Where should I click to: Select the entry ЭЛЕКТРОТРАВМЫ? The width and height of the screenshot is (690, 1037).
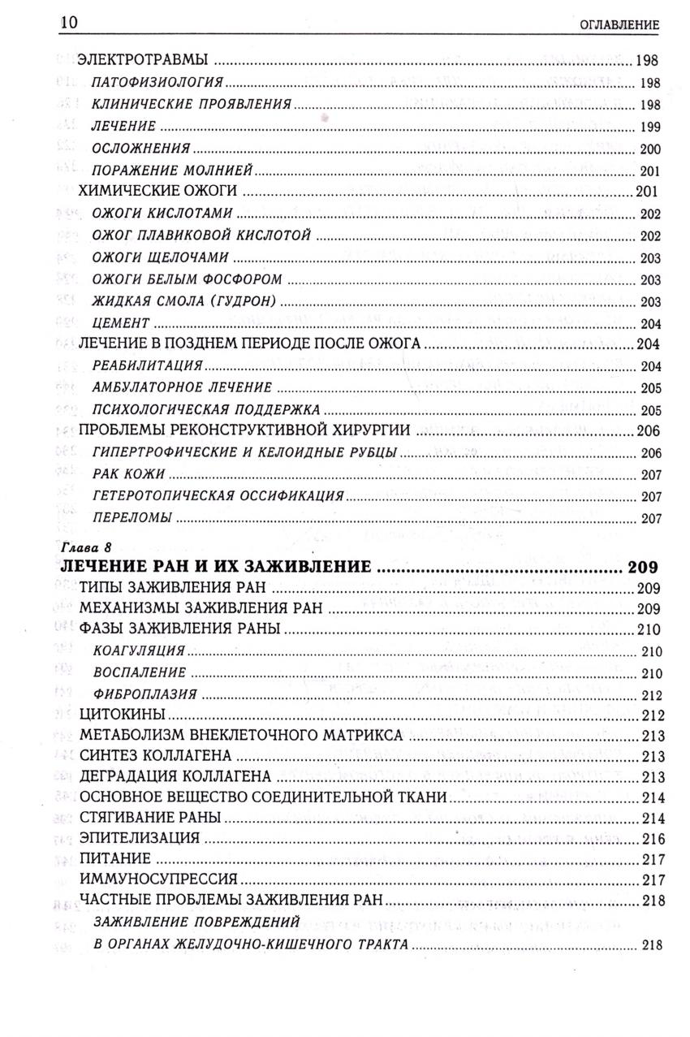143,60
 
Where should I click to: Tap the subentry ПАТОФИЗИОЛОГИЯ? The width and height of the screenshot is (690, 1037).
157,83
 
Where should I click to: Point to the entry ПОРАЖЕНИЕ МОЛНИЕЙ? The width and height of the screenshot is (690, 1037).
173,170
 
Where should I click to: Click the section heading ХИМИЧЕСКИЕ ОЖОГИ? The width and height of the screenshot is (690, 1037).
158,192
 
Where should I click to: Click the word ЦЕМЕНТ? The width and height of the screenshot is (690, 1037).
121,322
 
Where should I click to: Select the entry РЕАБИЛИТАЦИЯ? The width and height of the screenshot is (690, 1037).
147,366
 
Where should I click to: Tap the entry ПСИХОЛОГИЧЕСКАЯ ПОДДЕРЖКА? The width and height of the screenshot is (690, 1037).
205,409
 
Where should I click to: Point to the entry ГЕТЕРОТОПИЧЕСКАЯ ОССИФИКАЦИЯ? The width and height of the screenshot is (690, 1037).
218,495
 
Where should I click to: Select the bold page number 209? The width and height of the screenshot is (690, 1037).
645,567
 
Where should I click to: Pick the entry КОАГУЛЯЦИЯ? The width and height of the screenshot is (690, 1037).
139,651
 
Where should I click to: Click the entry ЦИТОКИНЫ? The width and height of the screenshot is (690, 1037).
123,715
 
